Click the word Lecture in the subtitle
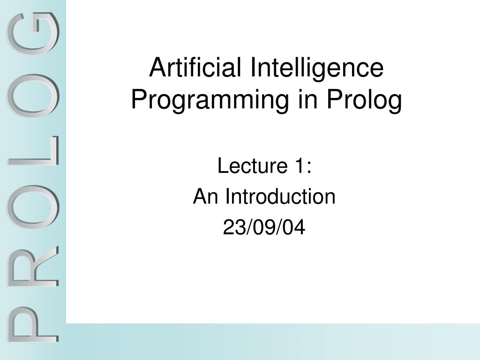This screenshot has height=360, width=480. click(x=247, y=166)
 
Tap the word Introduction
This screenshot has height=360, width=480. click(x=278, y=197)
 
